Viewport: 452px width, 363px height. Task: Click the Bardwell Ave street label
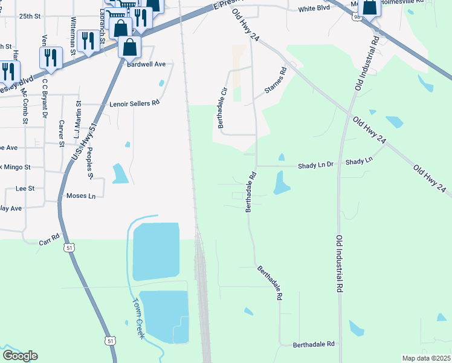coord(146,64)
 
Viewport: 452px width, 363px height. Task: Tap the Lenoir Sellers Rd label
coord(134,103)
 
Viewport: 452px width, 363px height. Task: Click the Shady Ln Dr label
coord(317,165)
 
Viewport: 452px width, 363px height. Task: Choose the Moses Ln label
coord(81,196)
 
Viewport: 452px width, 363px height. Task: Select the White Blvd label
coord(313,9)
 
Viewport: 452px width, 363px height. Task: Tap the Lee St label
coord(25,189)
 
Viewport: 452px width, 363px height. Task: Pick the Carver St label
coord(61,133)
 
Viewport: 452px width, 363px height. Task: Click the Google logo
coord(20,356)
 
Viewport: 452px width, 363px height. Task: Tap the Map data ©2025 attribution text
coord(425,358)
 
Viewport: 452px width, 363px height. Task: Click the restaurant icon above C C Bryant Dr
coord(50,57)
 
